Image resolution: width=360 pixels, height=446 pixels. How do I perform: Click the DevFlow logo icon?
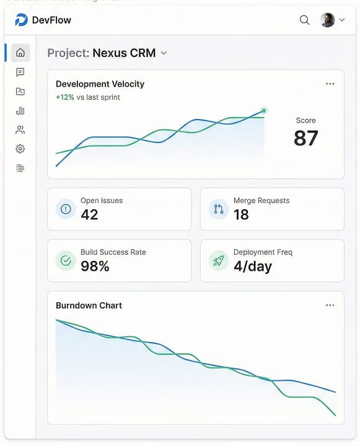tap(22, 20)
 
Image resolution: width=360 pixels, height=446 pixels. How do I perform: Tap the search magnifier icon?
tap(304, 20)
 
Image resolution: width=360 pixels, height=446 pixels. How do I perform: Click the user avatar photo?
tap(327, 20)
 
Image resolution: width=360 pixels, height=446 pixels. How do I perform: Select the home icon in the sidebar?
tap(20, 53)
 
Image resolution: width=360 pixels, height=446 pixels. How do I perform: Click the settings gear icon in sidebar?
tap(20, 149)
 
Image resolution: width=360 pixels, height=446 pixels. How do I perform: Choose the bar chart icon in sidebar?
tap(20, 111)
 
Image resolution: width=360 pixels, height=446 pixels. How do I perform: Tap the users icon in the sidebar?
tap(20, 130)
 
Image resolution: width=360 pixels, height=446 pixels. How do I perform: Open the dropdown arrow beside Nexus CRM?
tap(164, 53)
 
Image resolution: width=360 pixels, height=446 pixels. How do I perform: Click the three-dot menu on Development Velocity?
tap(330, 84)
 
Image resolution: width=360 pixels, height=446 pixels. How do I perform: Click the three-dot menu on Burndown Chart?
tap(330, 305)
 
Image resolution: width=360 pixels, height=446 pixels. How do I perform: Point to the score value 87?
tap(305, 138)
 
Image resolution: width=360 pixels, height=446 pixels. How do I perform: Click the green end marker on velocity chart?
tap(264, 111)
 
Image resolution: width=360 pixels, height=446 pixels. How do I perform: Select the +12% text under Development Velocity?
tap(64, 97)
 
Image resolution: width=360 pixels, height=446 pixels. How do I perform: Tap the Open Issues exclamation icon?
tap(66, 209)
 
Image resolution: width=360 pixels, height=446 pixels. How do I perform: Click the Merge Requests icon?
tap(218, 209)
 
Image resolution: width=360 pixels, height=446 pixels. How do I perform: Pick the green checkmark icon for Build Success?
tap(66, 261)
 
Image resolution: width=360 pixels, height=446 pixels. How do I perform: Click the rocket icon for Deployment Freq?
tap(218, 261)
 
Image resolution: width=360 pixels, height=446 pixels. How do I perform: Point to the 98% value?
tap(95, 266)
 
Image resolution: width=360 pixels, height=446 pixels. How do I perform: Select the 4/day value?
tap(252, 266)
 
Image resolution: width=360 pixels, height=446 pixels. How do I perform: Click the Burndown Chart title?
tap(89, 305)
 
